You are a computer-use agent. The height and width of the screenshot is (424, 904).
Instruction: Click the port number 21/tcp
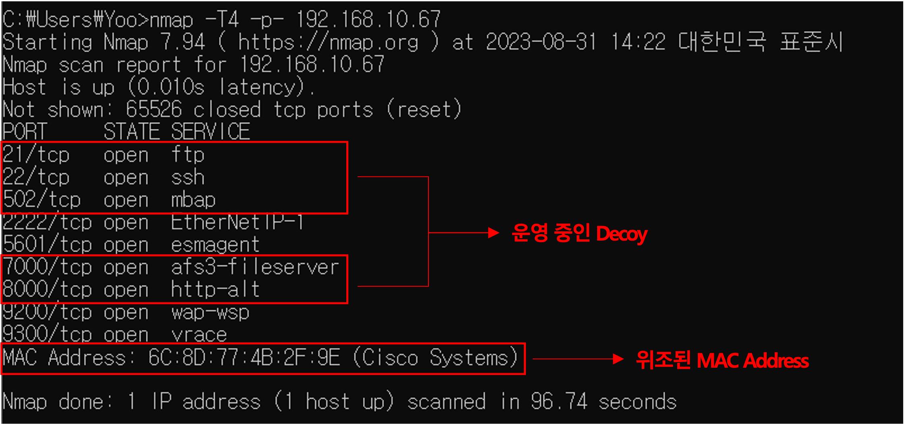click(36, 155)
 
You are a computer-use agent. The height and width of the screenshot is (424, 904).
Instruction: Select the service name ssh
click(188, 178)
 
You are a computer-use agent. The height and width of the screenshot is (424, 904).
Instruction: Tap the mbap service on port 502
click(193, 200)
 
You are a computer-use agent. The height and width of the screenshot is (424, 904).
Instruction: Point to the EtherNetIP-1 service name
click(237, 222)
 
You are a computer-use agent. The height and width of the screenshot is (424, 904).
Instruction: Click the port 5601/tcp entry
click(47, 245)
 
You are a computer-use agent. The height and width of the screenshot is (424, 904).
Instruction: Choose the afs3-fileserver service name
click(255, 268)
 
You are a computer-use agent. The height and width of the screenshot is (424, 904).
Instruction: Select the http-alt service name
click(215, 290)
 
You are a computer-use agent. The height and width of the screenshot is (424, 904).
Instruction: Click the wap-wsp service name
click(210, 313)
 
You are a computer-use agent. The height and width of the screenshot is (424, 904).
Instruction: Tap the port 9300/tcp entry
click(47, 335)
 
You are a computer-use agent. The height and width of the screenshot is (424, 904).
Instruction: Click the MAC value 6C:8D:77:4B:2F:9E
click(244, 358)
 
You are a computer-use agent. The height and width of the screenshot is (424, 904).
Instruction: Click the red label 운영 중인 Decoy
click(579, 233)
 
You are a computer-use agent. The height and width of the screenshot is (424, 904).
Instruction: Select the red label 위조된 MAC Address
click(722, 360)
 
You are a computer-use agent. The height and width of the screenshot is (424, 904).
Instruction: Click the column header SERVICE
click(211, 132)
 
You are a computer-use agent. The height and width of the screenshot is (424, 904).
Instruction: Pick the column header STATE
click(132, 132)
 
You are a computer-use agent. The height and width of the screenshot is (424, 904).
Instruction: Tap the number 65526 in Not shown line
click(154, 109)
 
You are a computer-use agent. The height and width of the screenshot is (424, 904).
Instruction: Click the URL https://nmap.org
click(328, 43)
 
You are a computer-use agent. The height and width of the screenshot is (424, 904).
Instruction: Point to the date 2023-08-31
click(541, 42)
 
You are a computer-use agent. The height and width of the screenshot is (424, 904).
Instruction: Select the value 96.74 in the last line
click(559, 401)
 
